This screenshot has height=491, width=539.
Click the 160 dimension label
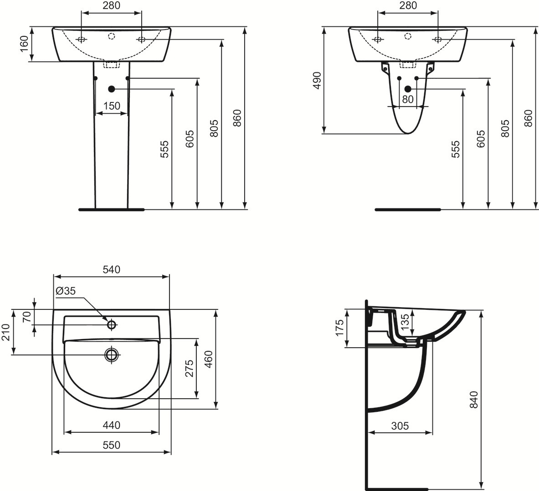pyautogui.click(x=24, y=44)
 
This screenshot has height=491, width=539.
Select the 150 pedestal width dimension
pyautogui.click(x=112, y=106)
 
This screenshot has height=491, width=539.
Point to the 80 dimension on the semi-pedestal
pyautogui.click(x=408, y=99)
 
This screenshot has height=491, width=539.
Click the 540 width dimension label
pyautogui.click(x=111, y=269)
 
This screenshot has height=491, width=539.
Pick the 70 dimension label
pyautogui.click(x=26, y=317)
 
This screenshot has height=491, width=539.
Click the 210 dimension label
pyautogui.click(x=6, y=332)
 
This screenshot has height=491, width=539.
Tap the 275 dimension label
pyautogui.click(x=190, y=369)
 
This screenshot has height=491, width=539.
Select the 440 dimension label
pyautogui.click(x=112, y=425)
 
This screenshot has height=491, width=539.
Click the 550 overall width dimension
pyautogui.click(x=112, y=445)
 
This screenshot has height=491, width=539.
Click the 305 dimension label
pyautogui.click(x=400, y=426)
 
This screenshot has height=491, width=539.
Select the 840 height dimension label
pyautogui.click(x=474, y=399)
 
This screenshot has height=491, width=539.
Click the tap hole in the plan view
pyautogui.click(x=112, y=324)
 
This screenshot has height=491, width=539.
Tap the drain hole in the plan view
pyautogui.click(x=112, y=354)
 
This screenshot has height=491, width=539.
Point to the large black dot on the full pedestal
pyautogui.click(x=112, y=88)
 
